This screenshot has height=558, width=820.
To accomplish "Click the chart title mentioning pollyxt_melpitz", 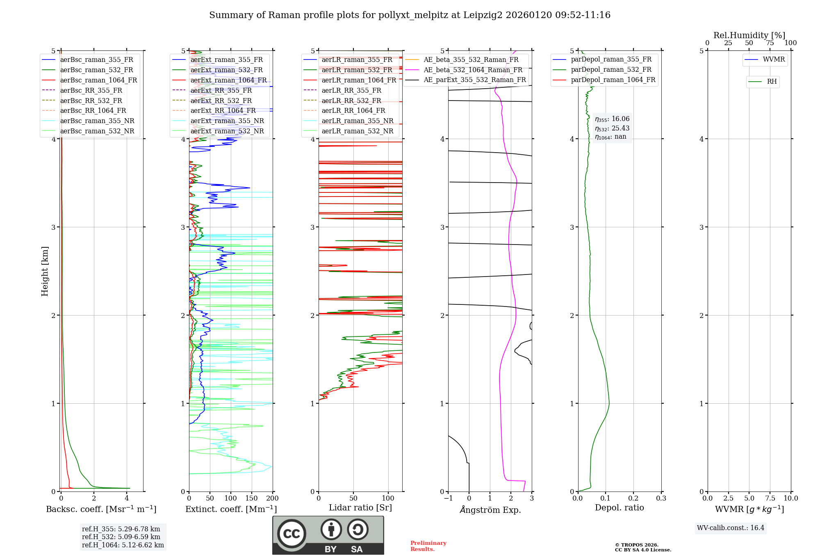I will tap(410, 15).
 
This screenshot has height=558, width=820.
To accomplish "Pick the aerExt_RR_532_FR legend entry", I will tap(221, 101).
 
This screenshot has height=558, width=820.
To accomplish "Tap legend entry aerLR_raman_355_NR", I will tap(357, 121).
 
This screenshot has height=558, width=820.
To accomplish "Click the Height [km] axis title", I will tap(45, 271).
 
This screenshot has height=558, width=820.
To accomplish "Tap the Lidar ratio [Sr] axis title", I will tap(360, 508).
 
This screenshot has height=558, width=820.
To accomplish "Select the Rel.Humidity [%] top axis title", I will tap(749, 35).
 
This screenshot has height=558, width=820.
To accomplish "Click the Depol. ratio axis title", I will tap(619, 508).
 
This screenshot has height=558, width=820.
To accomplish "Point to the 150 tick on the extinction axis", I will tap(251, 498).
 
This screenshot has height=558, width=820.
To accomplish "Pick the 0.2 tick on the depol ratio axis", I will tap(633, 498).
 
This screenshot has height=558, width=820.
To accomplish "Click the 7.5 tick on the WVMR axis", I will tap(770, 498).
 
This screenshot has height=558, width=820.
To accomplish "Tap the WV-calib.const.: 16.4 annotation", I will tap(731, 528).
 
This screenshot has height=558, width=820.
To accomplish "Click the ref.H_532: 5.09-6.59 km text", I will tap(121, 537).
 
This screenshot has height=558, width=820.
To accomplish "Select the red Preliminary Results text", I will tap(428, 546).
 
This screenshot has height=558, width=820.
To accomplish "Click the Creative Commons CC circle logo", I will tap(292, 534).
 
